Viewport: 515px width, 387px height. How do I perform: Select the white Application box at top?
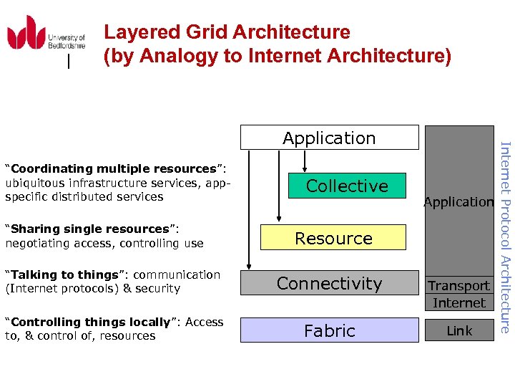(329, 138)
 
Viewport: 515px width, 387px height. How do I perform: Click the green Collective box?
(347, 186)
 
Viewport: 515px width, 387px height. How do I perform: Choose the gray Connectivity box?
(329, 284)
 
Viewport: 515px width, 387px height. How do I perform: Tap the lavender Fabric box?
(329, 330)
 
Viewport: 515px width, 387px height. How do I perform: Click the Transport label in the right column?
(458, 286)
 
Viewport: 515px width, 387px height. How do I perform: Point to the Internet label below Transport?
(458, 302)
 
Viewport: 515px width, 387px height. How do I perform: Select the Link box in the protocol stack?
(458, 330)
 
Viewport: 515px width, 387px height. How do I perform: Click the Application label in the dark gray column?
(458, 202)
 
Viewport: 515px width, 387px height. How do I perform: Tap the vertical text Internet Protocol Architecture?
(504, 236)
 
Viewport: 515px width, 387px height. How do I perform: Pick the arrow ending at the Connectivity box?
(247, 215)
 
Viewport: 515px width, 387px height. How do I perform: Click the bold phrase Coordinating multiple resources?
(114, 169)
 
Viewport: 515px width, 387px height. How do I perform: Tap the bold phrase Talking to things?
(62, 275)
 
